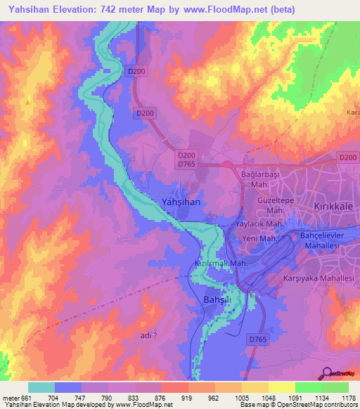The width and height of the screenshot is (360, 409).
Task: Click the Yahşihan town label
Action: (x=182, y=202)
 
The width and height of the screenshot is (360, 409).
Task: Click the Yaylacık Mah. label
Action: (x=259, y=224)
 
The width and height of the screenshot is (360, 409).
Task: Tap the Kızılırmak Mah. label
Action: (x=219, y=264)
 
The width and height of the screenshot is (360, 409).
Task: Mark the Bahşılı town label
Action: (x=210, y=300)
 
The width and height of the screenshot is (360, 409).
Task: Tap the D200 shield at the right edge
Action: (x=347, y=158)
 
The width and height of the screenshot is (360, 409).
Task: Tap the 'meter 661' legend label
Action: (x=14, y=397)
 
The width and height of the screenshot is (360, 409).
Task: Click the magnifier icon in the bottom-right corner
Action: (x=327, y=373)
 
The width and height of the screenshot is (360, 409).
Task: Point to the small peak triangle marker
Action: (x=28, y=102)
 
